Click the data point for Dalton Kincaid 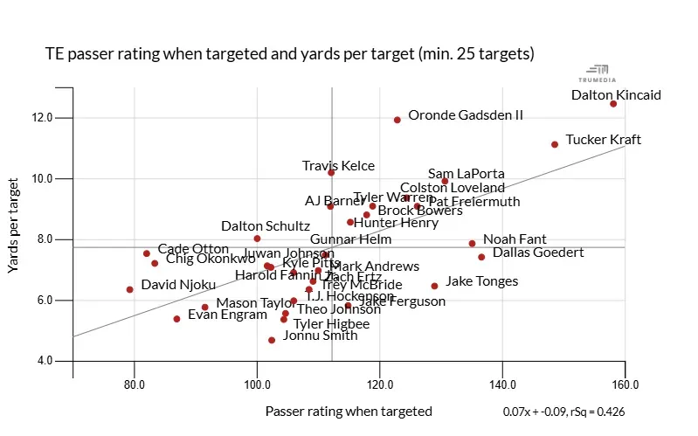tap(613, 104)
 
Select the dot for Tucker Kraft tap(555, 144)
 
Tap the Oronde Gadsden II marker tap(397, 120)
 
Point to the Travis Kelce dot tap(331, 173)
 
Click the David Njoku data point tap(129, 289)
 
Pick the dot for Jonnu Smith tap(272, 340)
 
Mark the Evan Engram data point tap(176, 319)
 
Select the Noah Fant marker tap(472, 244)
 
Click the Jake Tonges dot tap(434, 286)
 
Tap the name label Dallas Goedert tap(538, 253)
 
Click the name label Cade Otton tap(193, 250)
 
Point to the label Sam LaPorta tap(466, 174)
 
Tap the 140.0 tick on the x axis tap(502, 384)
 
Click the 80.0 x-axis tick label tap(135, 384)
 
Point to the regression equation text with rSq tap(563, 412)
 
